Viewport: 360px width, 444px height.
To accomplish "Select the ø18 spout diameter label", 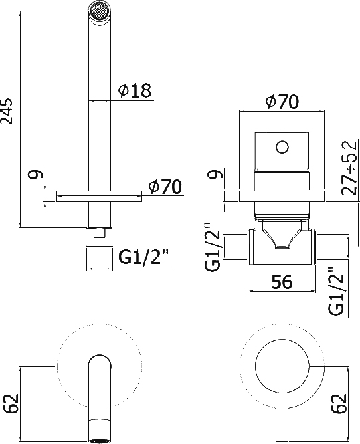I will point(136,92).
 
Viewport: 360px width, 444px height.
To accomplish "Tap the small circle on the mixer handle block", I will point(282,146).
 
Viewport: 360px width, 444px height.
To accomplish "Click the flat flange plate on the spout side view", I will point(100,195).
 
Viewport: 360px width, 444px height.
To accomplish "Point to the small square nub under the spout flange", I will point(100,233).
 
